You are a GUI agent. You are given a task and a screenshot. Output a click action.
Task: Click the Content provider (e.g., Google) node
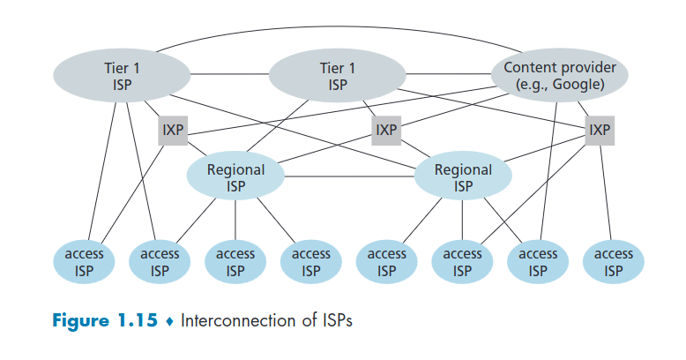tap(561, 77)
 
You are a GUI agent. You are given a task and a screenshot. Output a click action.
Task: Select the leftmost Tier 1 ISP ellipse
tap(123, 77)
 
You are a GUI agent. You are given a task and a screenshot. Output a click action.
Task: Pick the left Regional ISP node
tap(235, 176)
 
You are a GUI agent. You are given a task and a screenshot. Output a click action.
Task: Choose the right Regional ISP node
tap(463, 176)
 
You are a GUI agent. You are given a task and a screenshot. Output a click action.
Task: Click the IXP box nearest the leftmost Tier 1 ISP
tap(173, 131)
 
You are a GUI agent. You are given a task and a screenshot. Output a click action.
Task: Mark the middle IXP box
tap(386, 131)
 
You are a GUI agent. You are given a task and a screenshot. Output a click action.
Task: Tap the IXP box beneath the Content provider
tap(600, 131)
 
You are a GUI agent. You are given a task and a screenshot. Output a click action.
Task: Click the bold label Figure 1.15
tap(105, 320)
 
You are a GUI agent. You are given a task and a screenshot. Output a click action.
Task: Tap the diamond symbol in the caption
tap(171, 321)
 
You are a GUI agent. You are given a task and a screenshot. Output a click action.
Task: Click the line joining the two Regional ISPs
tap(349, 176)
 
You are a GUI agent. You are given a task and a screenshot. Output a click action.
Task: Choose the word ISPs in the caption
tap(333, 320)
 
